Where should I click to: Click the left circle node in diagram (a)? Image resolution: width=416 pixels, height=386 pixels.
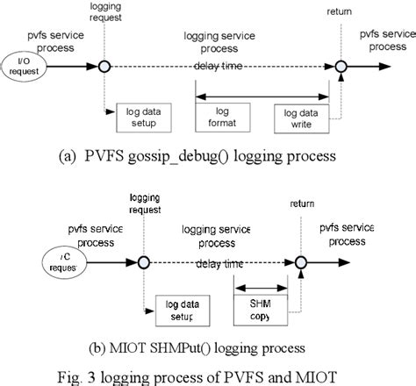[x=104, y=66]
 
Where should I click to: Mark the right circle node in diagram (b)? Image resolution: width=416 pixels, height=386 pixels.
[x=299, y=261]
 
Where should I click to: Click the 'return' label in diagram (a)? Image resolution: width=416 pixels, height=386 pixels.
[x=337, y=11]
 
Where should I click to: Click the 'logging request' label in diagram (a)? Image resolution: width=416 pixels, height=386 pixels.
[x=106, y=11]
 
